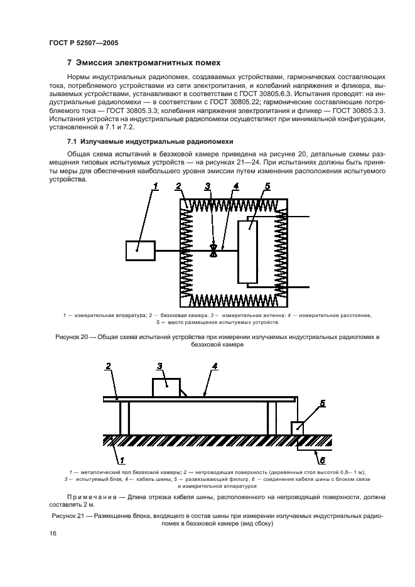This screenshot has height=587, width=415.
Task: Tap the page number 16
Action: pyautogui.click(x=53, y=533)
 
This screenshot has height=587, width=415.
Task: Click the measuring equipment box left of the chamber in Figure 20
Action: pyautogui.click(x=141, y=250)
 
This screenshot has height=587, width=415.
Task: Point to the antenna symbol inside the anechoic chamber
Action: pyautogui.click(x=214, y=250)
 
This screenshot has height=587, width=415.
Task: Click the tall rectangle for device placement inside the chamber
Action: pyautogui.click(x=248, y=251)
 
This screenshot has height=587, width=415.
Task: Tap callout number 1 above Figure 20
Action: pyautogui.click(x=156, y=185)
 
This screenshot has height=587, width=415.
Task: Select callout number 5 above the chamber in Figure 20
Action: pyautogui.click(x=266, y=186)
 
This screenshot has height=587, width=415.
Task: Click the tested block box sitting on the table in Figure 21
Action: pyautogui.click(x=166, y=387)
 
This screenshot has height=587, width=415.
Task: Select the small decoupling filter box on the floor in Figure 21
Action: pyautogui.click(x=298, y=428)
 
